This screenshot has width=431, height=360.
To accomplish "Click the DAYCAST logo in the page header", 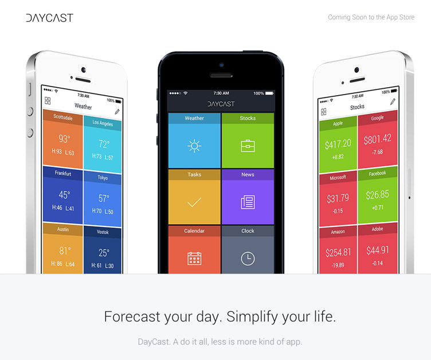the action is pyautogui.click(x=50, y=18).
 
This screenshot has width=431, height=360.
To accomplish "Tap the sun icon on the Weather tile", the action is pyautogui.click(x=194, y=146).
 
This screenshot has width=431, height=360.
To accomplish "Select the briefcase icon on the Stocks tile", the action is pyautogui.click(x=248, y=146).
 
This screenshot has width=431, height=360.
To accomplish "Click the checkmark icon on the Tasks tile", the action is pyautogui.click(x=194, y=202).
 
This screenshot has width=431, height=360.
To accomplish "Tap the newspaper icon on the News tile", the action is pyautogui.click(x=248, y=202).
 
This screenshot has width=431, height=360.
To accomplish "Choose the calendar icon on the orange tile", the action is pyautogui.click(x=194, y=259).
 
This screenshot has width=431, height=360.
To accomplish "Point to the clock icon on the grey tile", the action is pyautogui.click(x=248, y=259).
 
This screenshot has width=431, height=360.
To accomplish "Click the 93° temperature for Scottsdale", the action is pyautogui.click(x=64, y=139).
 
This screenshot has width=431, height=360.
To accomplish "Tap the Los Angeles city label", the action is pyautogui.click(x=103, y=123).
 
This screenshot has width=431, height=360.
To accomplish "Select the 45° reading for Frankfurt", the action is pyautogui.click(x=64, y=195).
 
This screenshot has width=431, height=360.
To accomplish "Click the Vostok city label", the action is pyautogui.click(x=103, y=232).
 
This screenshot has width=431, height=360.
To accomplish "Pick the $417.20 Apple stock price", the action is pyautogui.click(x=338, y=144).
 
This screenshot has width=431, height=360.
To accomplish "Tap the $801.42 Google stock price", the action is pyautogui.click(x=377, y=139).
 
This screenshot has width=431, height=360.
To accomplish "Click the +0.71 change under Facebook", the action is pyautogui.click(x=377, y=208).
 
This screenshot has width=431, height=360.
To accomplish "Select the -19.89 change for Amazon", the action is pyautogui.click(x=338, y=265).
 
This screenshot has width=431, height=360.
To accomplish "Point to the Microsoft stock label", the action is pyautogui.click(x=338, y=178).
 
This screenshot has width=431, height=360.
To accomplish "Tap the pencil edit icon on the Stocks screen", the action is pyautogui.click(x=393, y=102).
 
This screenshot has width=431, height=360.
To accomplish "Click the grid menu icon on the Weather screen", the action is pyautogui.click(x=48, y=101).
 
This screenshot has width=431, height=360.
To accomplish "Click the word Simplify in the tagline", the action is pyautogui.click(x=252, y=317).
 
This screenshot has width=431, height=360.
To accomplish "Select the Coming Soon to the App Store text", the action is pyautogui.click(x=371, y=17).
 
